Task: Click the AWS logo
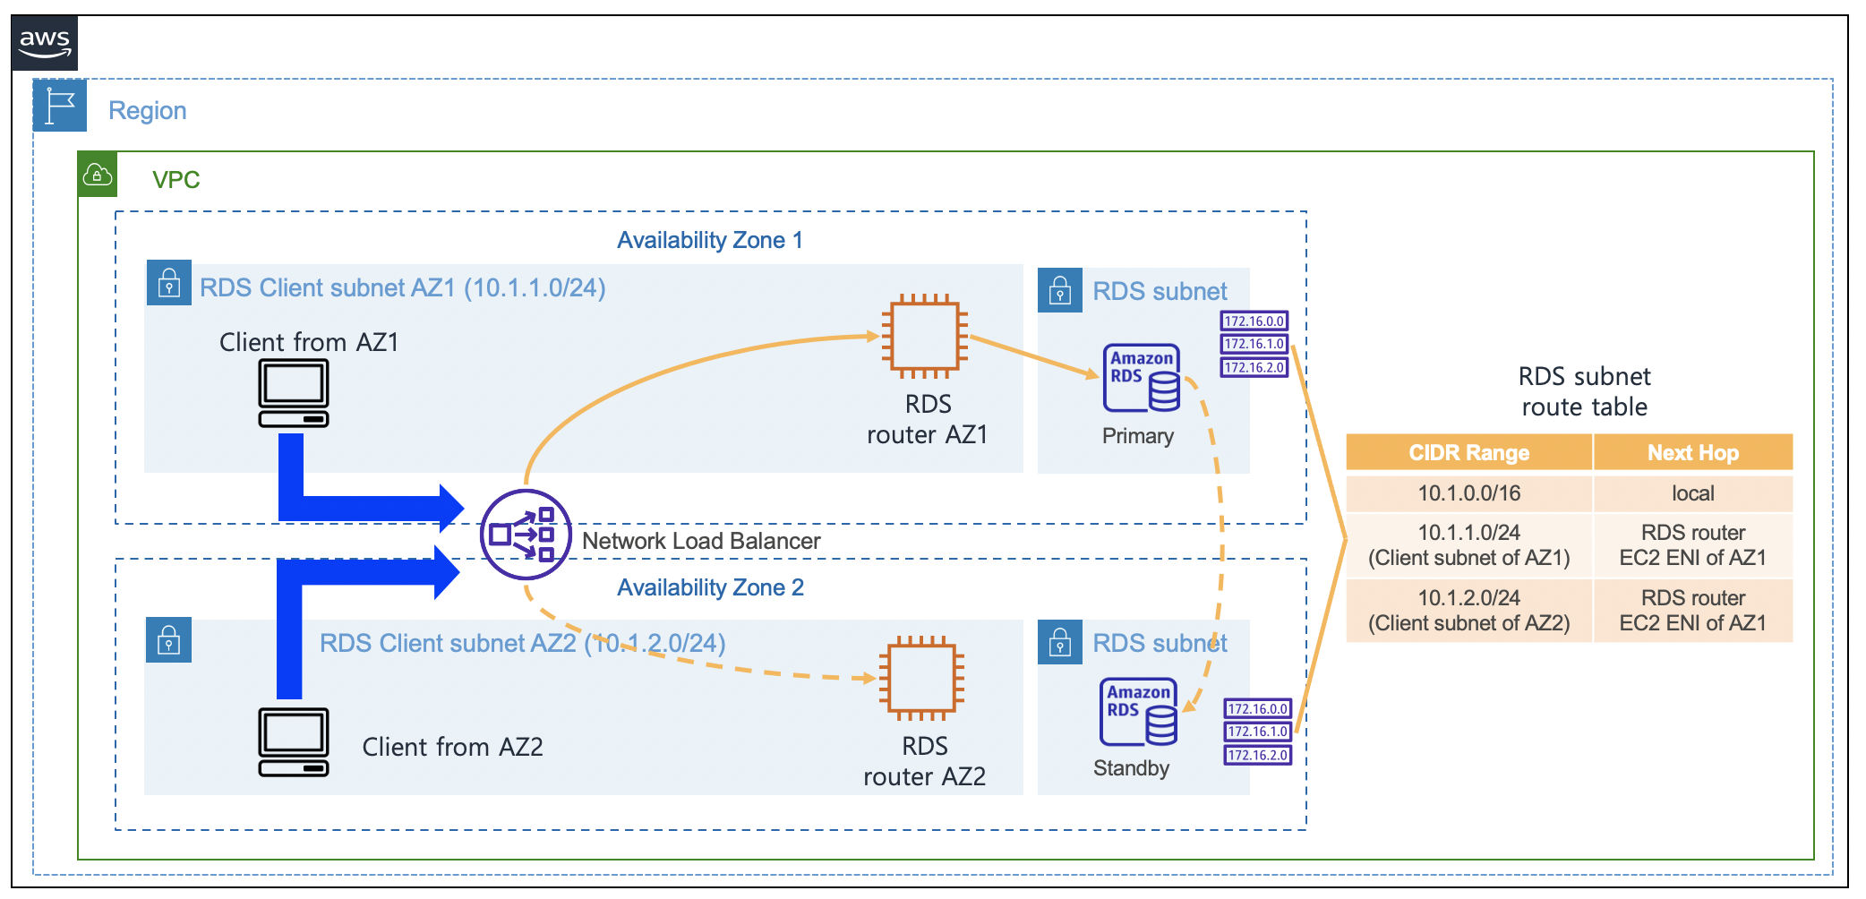coord(45,42)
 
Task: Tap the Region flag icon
coord(60,106)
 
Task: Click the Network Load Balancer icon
coord(526,535)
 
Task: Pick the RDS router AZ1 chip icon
coord(924,336)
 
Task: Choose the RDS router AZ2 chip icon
coord(921,678)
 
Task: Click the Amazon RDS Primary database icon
coord(1142,378)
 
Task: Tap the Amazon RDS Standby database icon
coord(1138,712)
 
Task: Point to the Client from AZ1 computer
coord(294,393)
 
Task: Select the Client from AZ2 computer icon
coord(294,741)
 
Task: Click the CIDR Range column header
coord(1468,452)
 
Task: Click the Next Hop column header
coord(1693,452)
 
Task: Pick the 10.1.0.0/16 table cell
coord(1468,492)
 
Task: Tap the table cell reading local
coord(1693,492)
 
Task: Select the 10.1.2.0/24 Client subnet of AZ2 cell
coord(1468,610)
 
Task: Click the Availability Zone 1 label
coord(710,240)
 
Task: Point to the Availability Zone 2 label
coord(710,587)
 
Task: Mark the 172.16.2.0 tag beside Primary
coord(1254,367)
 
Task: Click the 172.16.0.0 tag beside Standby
coord(1258,708)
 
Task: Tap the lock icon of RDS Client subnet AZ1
coord(168,283)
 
